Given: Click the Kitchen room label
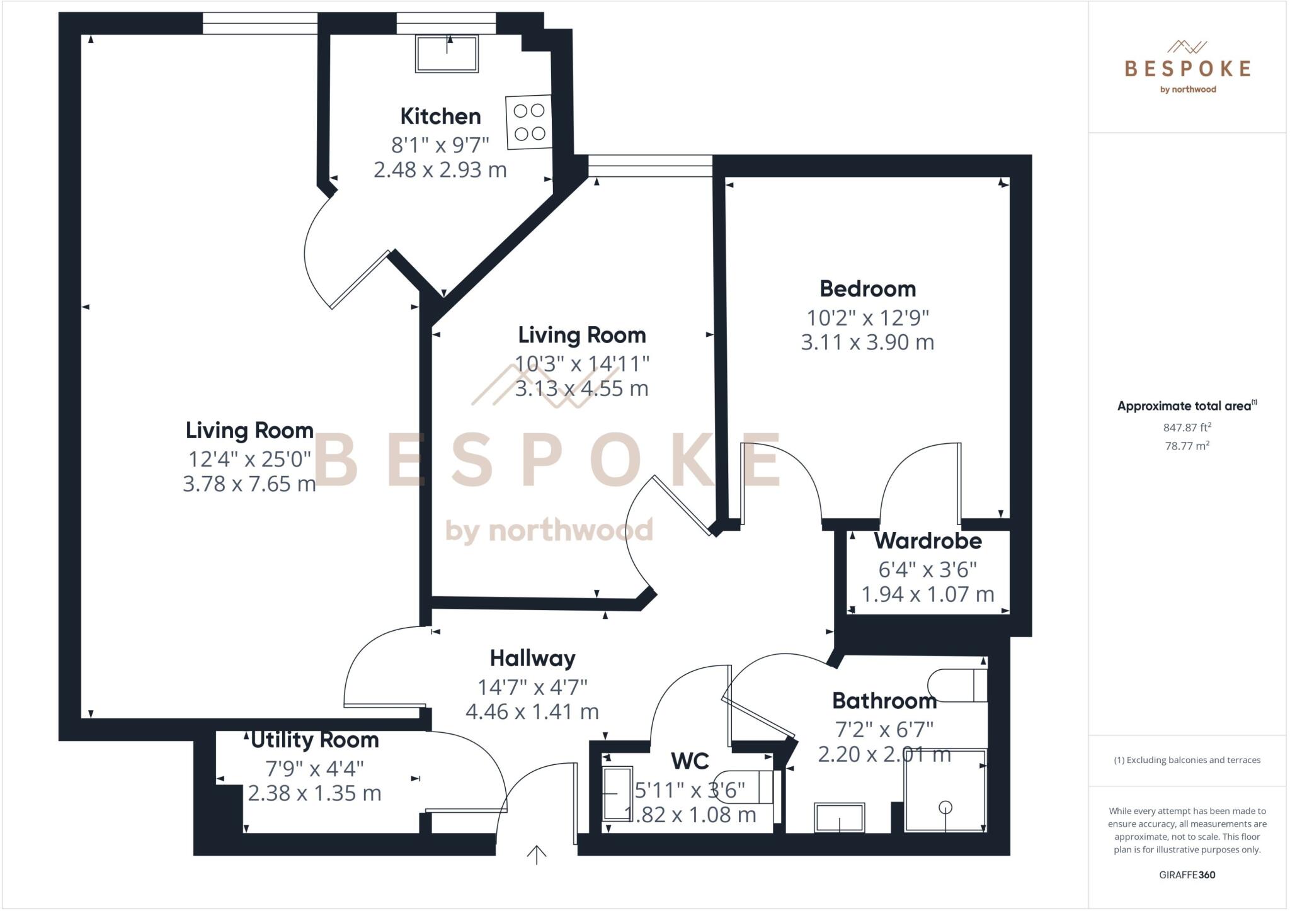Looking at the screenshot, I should tap(440, 116).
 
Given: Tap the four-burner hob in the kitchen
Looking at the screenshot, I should tap(528, 122).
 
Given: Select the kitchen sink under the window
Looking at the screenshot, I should tap(447, 54).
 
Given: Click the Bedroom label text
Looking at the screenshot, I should tap(867, 289).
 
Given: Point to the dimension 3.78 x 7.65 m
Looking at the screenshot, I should tap(249, 484).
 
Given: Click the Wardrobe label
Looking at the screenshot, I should tap(928, 541).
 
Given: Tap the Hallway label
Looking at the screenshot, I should tap(532, 659).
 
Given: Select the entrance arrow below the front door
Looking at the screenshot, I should tap(536, 855).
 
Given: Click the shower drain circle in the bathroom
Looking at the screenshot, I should tap(945, 807).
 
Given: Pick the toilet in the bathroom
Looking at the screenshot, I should tap(956, 685).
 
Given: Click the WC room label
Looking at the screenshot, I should tap(690, 761).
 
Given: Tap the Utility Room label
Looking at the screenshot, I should tap(315, 740).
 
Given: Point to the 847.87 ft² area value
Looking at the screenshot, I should tap(1187, 427).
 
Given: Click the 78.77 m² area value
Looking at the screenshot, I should tap(1187, 446).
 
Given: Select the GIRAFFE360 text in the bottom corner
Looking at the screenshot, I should tap(1187, 874).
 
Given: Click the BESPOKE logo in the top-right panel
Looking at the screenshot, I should tap(1187, 68).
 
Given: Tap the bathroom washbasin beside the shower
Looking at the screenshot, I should tap(839, 817).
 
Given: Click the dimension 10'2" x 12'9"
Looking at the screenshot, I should tap(867, 317).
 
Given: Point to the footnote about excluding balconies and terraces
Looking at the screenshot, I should tap(1187, 760).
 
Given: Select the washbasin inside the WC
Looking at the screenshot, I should tap(617, 793).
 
